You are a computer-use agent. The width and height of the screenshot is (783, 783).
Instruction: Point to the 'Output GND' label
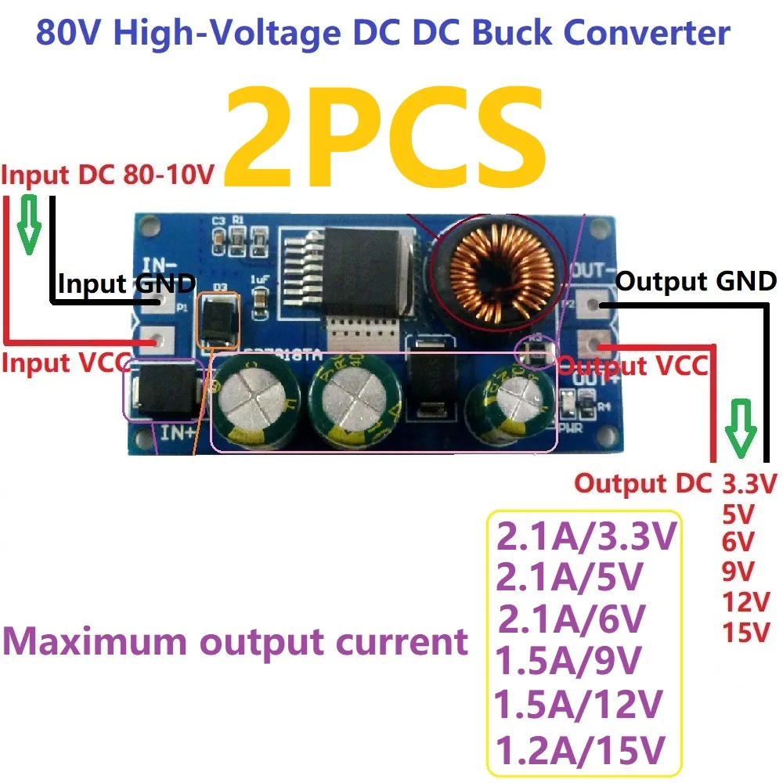(x=696, y=281)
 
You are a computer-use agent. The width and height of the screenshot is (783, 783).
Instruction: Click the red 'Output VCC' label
(x=636, y=365)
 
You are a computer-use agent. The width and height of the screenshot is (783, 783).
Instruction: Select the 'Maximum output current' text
(x=236, y=642)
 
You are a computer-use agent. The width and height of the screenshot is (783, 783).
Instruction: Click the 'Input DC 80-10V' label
(x=107, y=175)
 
